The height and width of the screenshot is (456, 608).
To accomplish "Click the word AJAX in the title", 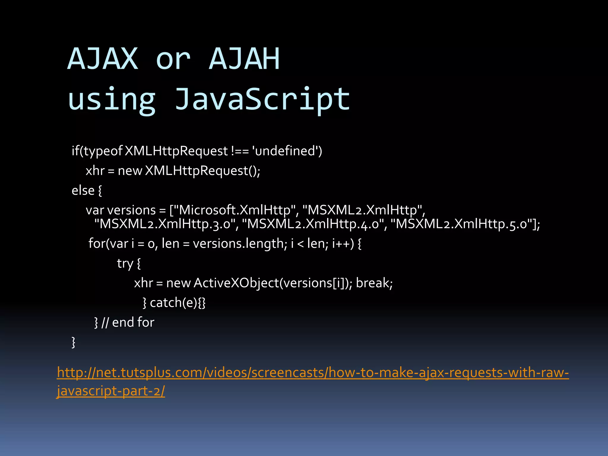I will click(103, 59).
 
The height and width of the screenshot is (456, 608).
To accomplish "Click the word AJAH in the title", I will click(244, 59).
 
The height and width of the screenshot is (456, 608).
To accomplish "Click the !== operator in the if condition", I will click(240, 151).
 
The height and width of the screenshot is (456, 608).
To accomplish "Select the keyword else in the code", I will click(83, 190).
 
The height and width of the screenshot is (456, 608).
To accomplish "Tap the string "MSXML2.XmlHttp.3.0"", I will click(166, 224).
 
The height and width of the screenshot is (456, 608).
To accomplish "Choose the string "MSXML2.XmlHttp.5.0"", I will click(463, 224).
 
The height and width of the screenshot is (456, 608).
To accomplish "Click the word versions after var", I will click(131, 210).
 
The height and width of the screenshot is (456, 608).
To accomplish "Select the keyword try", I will click(125, 263).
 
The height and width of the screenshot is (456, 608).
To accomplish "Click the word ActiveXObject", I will click(236, 283).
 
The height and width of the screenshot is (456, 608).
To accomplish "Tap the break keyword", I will click(374, 283).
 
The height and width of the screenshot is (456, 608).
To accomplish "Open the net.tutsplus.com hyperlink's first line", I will click(313, 372).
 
